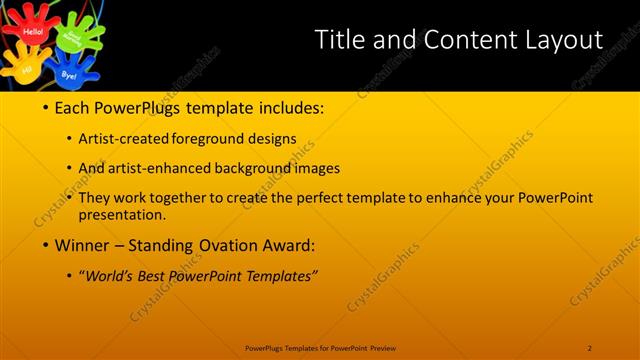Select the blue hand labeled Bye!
(x=69, y=72)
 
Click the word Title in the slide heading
(x=338, y=40)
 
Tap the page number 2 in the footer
(x=590, y=348)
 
